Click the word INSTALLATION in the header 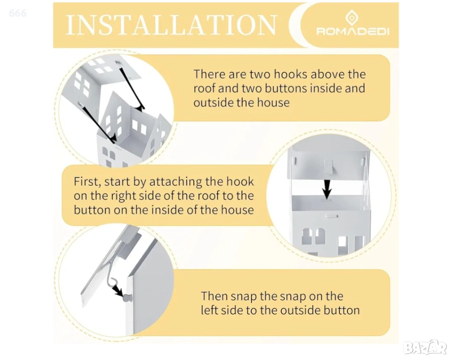(171, 24)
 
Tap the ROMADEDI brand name (353, 31)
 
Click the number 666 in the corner (18, 13)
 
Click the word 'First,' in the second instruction (87, 182)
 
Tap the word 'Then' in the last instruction (214, 296)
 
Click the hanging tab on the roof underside (328, 167)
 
